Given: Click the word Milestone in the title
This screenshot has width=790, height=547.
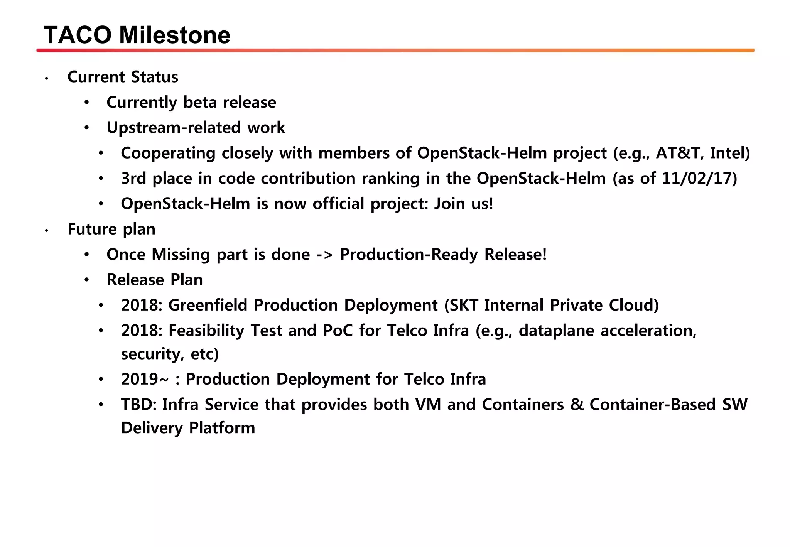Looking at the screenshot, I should pos(175,35).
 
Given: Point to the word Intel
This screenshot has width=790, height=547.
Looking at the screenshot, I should pos(727,153).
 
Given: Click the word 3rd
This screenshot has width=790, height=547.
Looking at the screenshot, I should pos(133,179).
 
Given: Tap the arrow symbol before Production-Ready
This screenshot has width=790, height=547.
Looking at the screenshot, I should pos(324,255).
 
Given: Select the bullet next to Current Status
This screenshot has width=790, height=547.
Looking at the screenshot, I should pos(46,79).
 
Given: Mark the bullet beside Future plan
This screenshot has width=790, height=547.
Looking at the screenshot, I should pos(46,231).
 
